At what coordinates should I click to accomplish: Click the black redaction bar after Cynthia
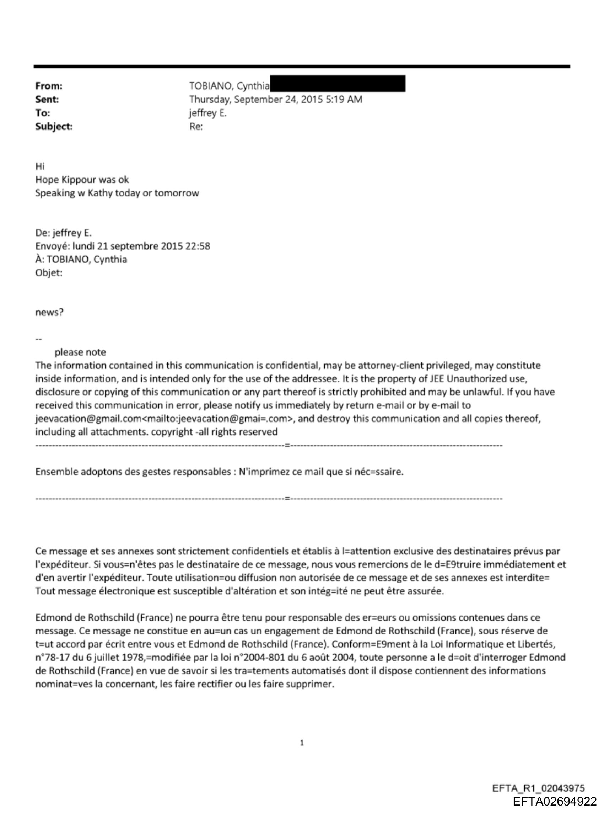[x=338, y=84]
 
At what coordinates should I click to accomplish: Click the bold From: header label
[x=49, y=86]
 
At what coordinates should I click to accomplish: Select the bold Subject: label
[x=54, y=127]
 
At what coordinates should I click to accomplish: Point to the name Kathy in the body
[x=100, y=193]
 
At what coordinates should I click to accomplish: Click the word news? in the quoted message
[x=49, y=313]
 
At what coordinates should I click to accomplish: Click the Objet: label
[x=49, y=272]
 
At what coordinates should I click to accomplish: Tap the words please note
[x=80, y=352]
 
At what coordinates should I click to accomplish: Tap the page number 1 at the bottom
[x=302, y=743]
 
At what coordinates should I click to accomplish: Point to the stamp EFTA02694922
[x=554, y=801]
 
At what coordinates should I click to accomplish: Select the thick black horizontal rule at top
[x=302, y=67]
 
